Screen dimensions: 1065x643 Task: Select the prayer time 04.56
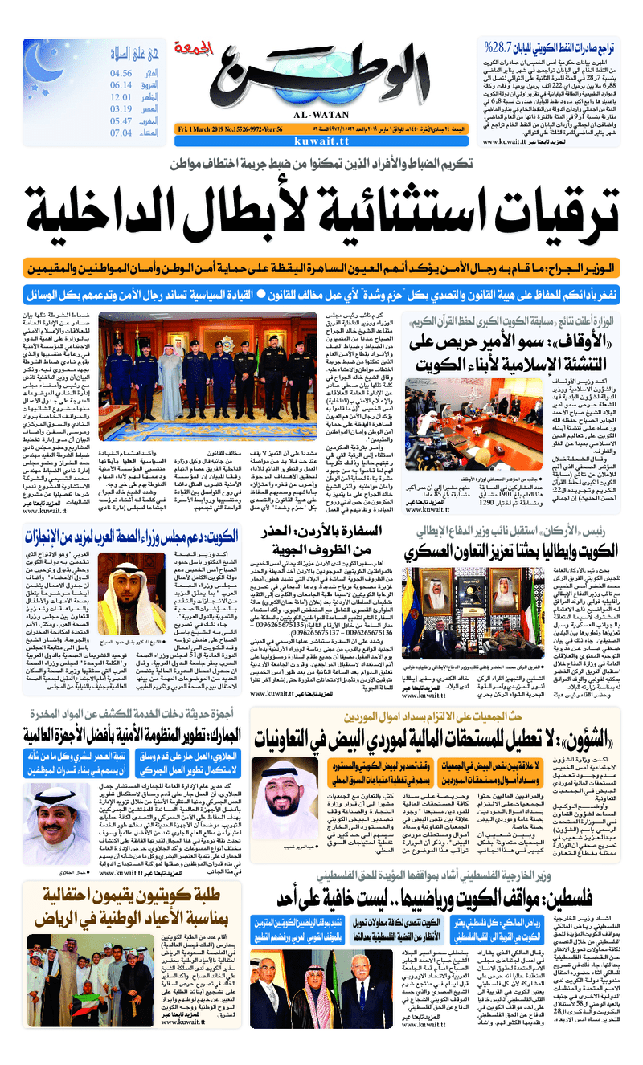121,74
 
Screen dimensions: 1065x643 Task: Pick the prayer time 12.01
121,97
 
